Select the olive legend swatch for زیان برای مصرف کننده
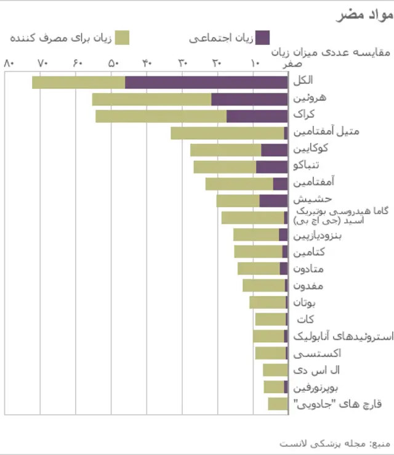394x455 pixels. (123, 37)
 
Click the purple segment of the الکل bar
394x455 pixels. (206, 82)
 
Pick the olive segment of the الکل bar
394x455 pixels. (78, 82)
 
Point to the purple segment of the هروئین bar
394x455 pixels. (249, 99)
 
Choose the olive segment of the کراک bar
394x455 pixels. (161, 116)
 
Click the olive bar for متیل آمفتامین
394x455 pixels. (227, 133)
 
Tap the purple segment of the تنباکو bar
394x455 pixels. (271, 166)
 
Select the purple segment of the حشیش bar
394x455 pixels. (273, 200)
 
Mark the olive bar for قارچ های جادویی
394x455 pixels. (277, 404)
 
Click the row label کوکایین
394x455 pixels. (310, 149)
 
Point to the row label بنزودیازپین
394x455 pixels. (318, 236)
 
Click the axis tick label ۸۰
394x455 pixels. (9, 64)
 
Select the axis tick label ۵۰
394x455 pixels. (113, 64)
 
